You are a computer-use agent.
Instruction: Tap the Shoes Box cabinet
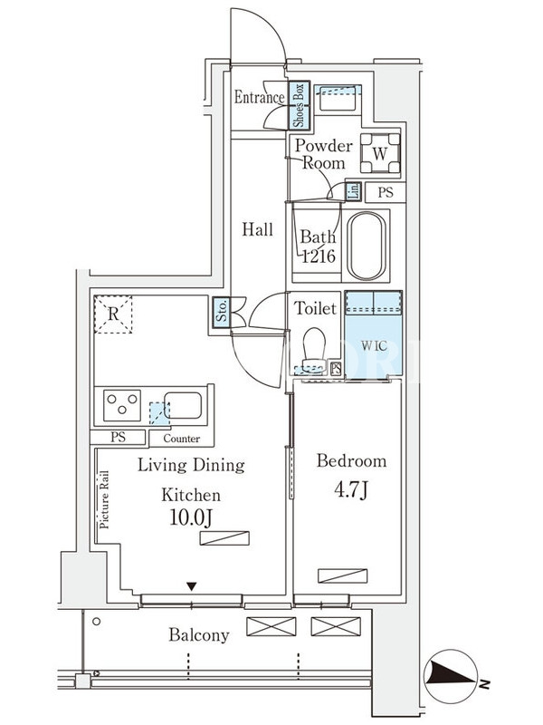coord(300,105)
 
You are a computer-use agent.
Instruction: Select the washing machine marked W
coord(380,153)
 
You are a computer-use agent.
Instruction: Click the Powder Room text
coord(322,154)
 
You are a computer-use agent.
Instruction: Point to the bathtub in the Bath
coord(367,246)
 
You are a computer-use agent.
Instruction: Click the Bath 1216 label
coord(319,246)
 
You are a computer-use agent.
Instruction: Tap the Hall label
coord(257,229)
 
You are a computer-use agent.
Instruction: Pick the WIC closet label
coord(374,345)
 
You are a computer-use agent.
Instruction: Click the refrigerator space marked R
coord(113,314)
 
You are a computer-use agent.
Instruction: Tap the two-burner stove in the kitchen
coord(122,403)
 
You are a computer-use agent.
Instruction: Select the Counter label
coord(181,439)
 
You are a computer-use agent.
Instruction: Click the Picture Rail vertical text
coord(103,500)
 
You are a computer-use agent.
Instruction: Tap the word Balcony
coord(199,635)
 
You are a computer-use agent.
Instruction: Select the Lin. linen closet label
coord(354,191)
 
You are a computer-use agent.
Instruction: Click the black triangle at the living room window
coord(191,586)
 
